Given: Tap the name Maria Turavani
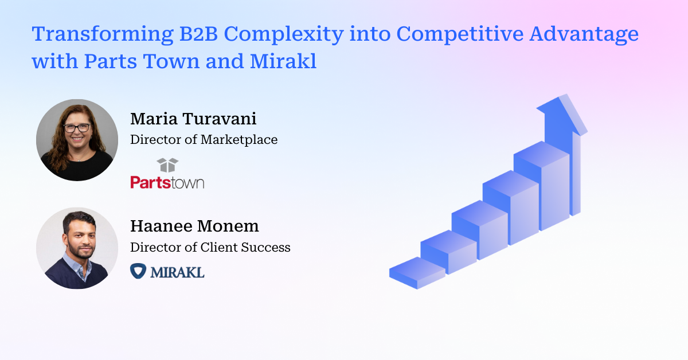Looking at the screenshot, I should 193,119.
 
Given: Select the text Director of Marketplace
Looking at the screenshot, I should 204,139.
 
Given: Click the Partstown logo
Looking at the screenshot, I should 167,182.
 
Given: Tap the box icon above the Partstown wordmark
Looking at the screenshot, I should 167,165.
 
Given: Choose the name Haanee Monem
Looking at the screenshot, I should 194,226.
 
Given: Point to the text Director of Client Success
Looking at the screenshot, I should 210,247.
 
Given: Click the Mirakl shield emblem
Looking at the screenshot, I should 138,271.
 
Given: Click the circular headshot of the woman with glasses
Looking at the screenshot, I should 77,140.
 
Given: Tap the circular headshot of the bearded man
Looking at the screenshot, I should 77,248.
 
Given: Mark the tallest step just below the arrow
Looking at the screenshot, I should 542,183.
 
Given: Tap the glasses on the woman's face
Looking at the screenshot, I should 77,128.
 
